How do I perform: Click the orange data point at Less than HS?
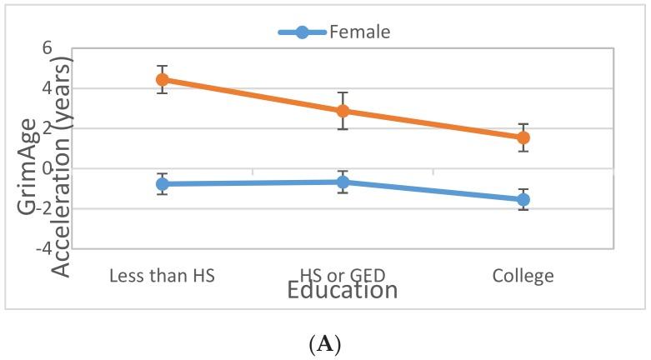162,80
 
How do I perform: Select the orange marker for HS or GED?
342,111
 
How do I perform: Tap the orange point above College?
523,137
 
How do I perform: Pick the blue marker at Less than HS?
162,183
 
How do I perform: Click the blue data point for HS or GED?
342,182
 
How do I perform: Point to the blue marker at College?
523,200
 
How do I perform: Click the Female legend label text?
360,32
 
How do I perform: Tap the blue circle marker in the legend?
302,32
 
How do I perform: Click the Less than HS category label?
162,276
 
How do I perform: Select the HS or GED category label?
342,276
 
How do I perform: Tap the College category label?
523,276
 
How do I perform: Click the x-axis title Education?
342,291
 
